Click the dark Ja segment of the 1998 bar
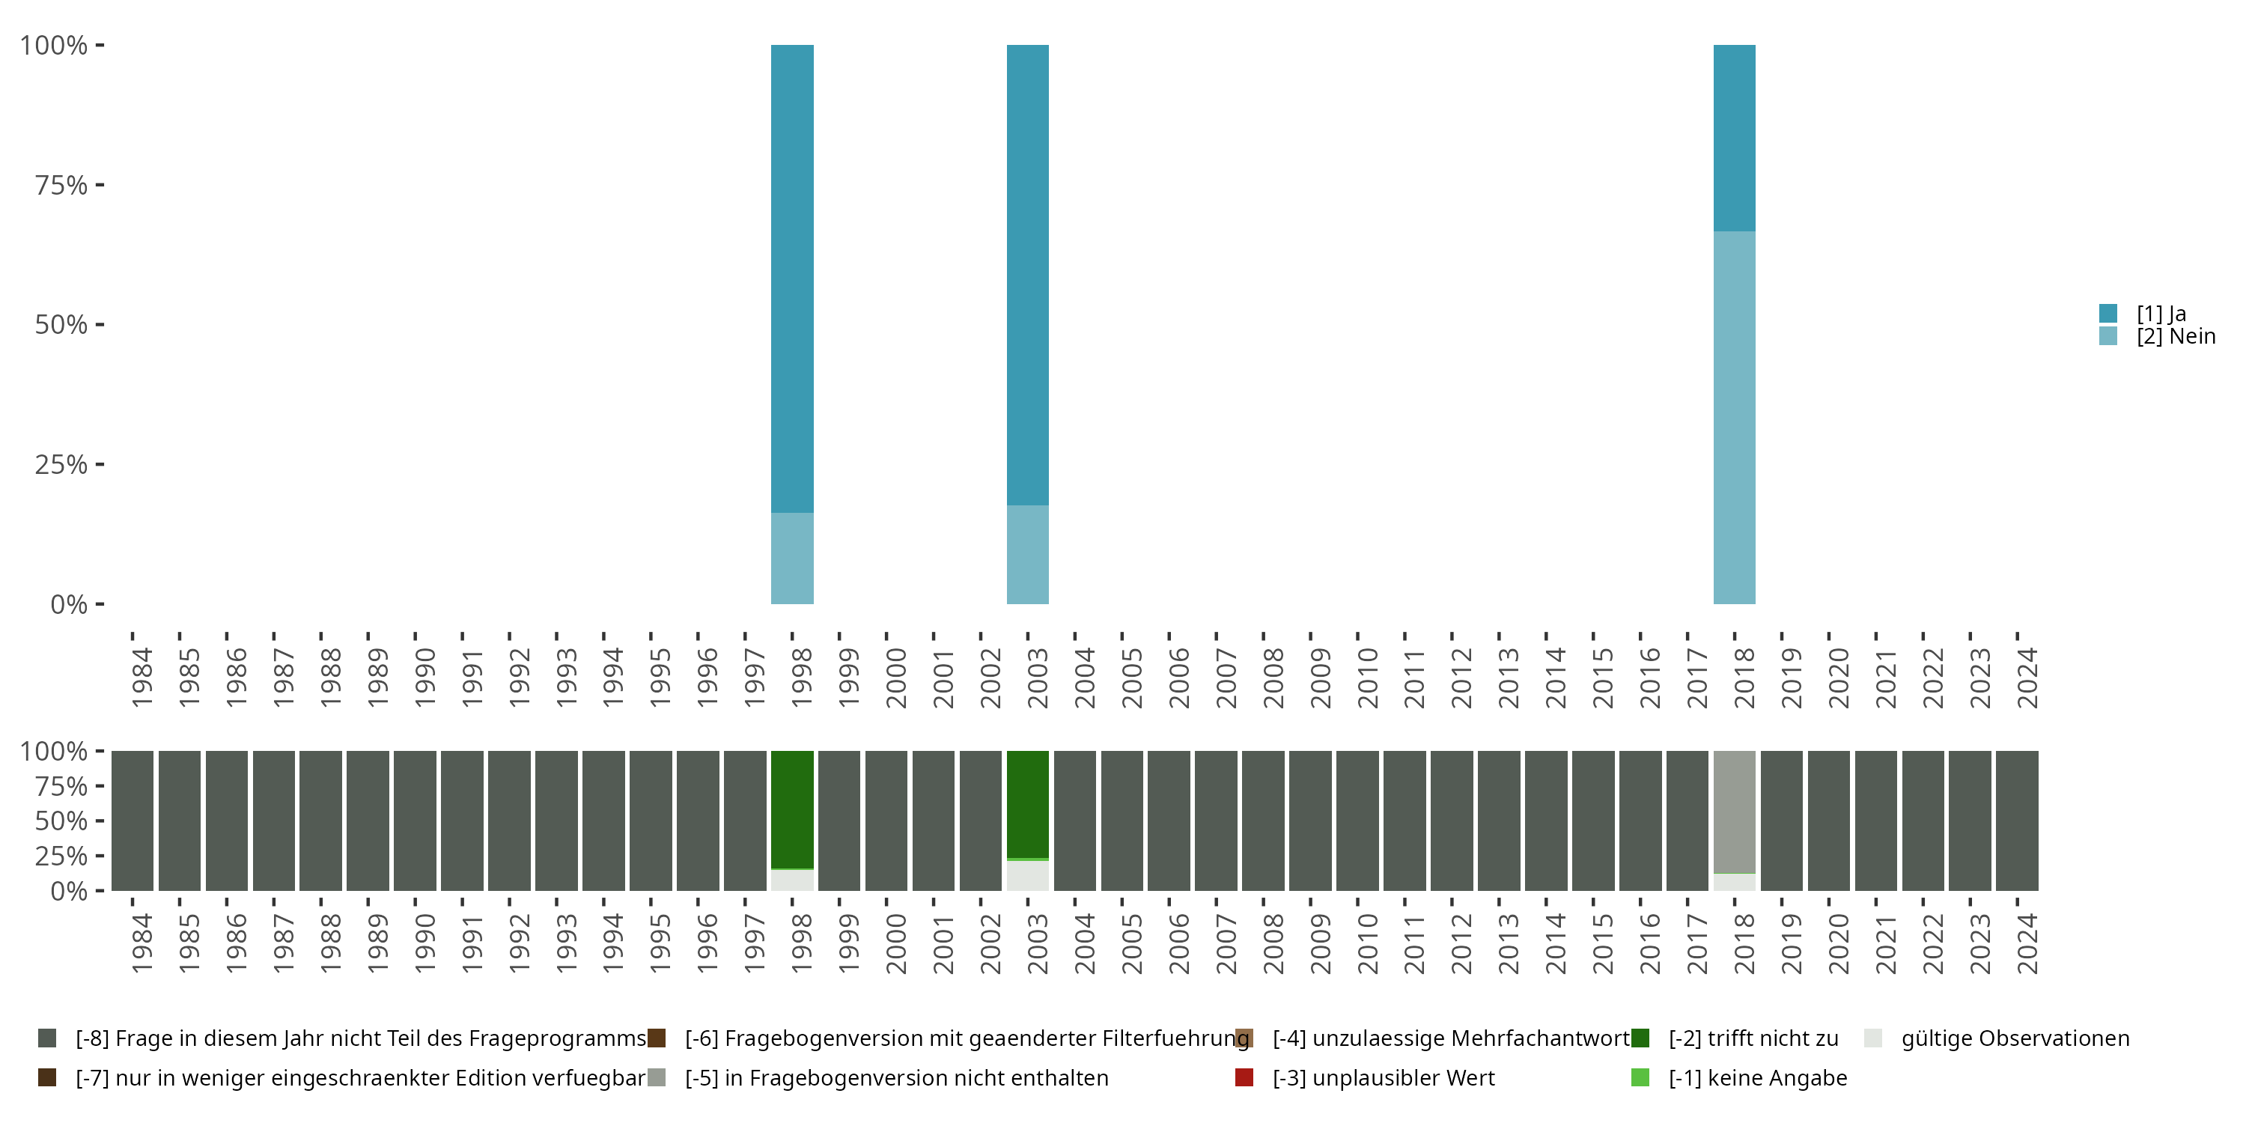791,279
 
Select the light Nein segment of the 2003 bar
1027,555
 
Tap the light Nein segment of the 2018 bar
1733,418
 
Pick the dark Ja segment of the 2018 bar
1733,138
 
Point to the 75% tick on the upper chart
61,185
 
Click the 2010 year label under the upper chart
1367,678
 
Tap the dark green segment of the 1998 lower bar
791,809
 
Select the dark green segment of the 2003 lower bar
1027,804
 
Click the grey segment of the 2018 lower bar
1733,812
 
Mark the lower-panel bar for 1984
133,821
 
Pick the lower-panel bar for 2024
2017,821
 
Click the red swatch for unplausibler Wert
1244,1077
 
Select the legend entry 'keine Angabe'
1757,1077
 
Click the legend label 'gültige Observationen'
2015,1038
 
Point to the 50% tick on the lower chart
61,821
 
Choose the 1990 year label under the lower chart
424,943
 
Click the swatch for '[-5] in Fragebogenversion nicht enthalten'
657,1077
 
